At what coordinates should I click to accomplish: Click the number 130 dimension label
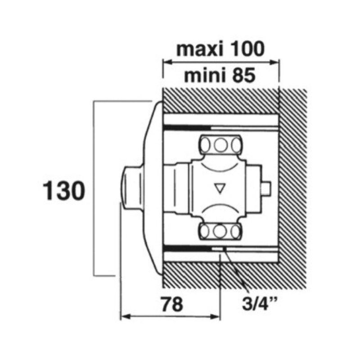[x=64, y=190]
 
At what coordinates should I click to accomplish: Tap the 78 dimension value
[x=172, y=305]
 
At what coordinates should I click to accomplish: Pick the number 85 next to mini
[x=244, y=76]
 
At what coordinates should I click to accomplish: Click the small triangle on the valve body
[x=220, y=188]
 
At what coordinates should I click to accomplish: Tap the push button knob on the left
[x=131, y=188]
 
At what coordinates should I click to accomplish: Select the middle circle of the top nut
[x=220, y=145]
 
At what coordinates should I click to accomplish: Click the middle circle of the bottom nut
[x=220, y=231]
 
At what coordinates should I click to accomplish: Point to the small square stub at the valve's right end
[x=266, y=188]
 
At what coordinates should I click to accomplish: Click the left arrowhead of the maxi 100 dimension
[x=167, y=62]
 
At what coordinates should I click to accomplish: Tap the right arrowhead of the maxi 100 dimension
[x=274, y=62]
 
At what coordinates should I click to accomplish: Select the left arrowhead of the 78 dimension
[x=126, y=317]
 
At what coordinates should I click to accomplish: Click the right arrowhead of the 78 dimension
[x=215, y=317]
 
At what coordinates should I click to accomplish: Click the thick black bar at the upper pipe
[x=187, y=128]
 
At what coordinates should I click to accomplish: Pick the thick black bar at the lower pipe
[x=188, y=249]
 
